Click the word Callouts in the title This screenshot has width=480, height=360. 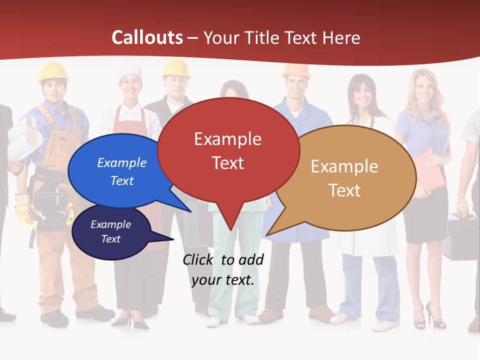click(x=147, y=37)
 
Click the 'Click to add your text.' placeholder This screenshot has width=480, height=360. click(x=222, y=270)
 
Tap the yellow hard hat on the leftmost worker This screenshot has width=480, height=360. click(x=53, y=71)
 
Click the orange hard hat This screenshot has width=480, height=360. click(x=296, y=70)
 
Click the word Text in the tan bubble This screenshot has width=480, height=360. click(x=344, y=190)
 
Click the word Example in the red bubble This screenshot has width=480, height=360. click(x=227, y=138)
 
